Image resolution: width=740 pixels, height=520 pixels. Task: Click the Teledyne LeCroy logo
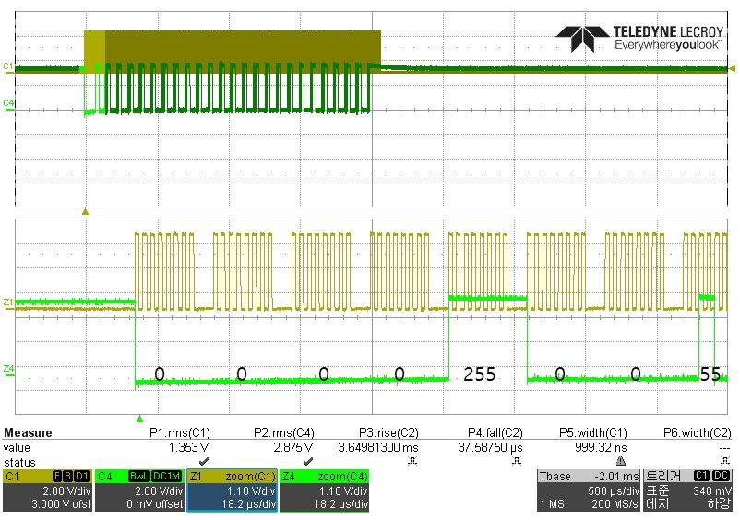[x=639, y=38]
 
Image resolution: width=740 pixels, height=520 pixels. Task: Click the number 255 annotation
[x=480, y=374]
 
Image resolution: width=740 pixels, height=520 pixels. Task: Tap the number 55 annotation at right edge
[x=710, y=374]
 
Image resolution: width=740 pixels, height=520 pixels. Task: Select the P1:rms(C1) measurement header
[x=180, y=432]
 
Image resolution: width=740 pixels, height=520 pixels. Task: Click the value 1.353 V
[x=189, y=447]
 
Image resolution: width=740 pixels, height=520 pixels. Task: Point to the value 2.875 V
[x=293, y=447]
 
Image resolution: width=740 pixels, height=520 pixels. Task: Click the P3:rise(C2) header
[x=388, y=432]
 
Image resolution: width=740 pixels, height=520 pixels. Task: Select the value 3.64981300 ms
[x=378, y=447]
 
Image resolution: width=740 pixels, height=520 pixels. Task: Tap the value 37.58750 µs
[x=490, y=447]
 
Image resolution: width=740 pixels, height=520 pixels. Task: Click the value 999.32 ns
[x=601, y=447]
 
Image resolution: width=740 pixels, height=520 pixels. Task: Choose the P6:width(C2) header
[x=697, y=432]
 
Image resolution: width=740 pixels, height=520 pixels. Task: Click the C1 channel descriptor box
[x=48, y=490]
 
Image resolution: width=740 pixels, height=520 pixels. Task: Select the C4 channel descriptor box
[x=139, y=490]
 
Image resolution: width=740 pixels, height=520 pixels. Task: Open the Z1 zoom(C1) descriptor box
[x=233, y=490]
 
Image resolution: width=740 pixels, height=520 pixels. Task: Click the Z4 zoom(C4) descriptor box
[x=324, y=490]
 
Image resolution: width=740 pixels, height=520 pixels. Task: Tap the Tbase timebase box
[x=589, y=490]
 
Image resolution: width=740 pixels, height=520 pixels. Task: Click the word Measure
[x=28, y=432]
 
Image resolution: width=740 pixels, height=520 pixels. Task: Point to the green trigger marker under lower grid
[x=139, y=419]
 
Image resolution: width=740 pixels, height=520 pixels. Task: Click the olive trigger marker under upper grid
[x=85, y=212]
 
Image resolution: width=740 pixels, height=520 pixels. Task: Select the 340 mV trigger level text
[x=712, y=490]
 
